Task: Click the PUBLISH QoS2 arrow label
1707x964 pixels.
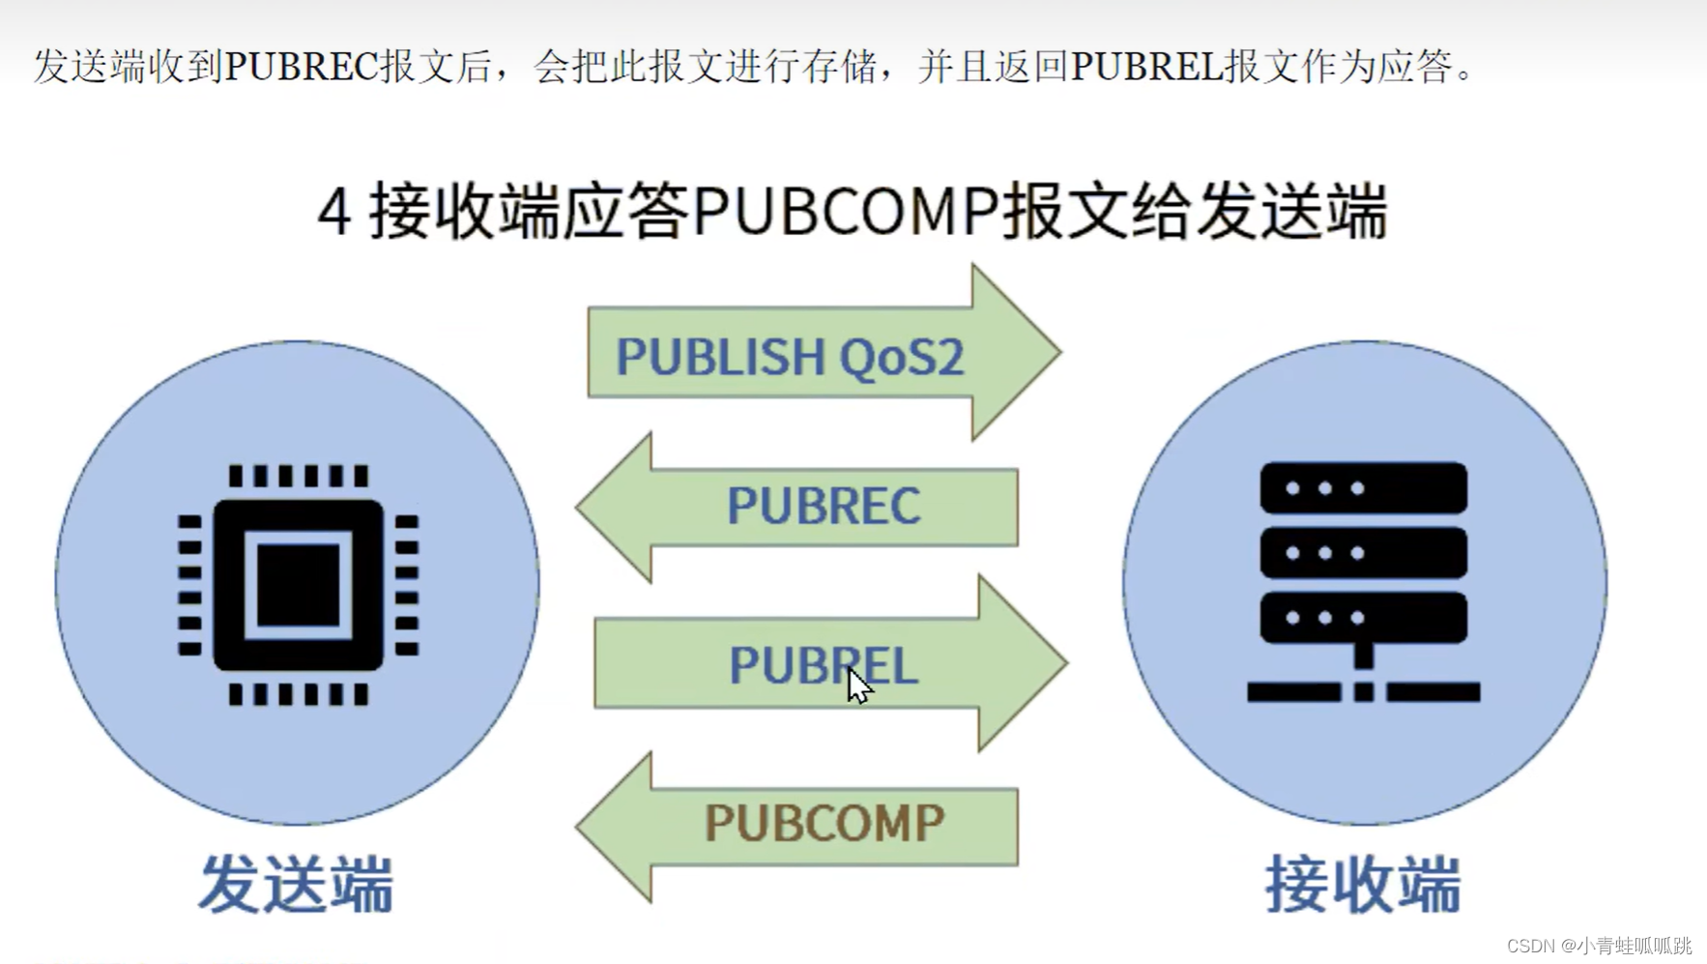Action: point(790,357)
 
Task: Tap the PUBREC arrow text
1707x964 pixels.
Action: point(824,506)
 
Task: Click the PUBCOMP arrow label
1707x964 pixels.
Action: point(824,824)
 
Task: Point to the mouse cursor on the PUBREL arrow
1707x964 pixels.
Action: point(858,686)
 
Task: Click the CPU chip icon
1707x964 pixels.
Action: point(299,585)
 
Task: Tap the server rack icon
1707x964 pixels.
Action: point(1363,581)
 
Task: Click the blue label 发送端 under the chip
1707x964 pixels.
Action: point(297,884)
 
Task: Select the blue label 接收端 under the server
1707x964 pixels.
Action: point(1363,884)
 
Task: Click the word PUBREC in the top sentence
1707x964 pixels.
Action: point(301,67)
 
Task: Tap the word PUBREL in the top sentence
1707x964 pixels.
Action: point(1147,67)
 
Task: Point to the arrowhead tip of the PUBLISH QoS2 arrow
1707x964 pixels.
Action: point(1059,352)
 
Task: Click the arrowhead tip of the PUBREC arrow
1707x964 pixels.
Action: point(578,507)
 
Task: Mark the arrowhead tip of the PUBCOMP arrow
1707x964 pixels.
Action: point(578,827)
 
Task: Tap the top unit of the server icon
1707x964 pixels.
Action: point(1363,488)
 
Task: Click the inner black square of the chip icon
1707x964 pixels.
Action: point(299,585)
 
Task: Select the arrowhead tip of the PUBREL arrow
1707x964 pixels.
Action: point(1065,663)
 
